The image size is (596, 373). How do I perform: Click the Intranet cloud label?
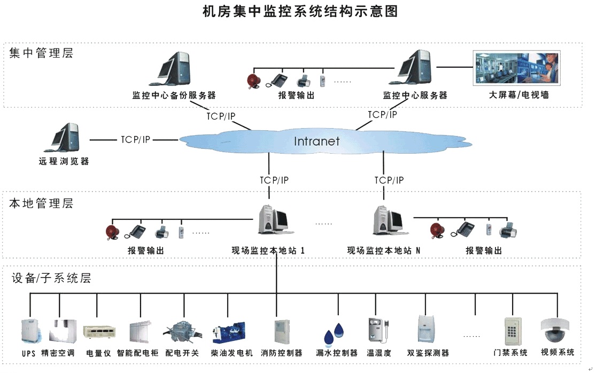coord(316,141)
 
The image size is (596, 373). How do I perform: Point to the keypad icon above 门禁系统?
coord(513,331)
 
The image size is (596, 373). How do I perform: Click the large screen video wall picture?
coord(517,68)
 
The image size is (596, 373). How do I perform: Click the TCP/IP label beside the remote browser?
coord(135,140)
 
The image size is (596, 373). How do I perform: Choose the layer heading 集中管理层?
coord(41,53)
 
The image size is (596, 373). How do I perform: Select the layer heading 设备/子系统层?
coord(50,278)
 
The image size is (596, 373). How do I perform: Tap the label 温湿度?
coord(379,353)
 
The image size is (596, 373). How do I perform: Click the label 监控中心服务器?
coord(415,96)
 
